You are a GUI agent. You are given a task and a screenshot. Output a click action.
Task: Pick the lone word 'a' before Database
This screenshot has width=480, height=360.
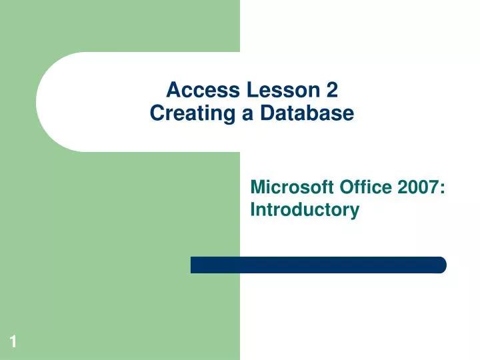247,115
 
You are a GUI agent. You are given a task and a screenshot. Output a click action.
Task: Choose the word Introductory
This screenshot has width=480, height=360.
305,211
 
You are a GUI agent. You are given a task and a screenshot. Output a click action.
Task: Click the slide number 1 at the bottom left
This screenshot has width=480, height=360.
13,343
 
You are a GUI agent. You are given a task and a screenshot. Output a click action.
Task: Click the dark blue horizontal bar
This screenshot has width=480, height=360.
318,265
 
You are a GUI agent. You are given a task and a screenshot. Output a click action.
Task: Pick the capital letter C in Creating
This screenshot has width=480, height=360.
157,114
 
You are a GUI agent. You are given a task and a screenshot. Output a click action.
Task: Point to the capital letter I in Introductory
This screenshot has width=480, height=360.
253,211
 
